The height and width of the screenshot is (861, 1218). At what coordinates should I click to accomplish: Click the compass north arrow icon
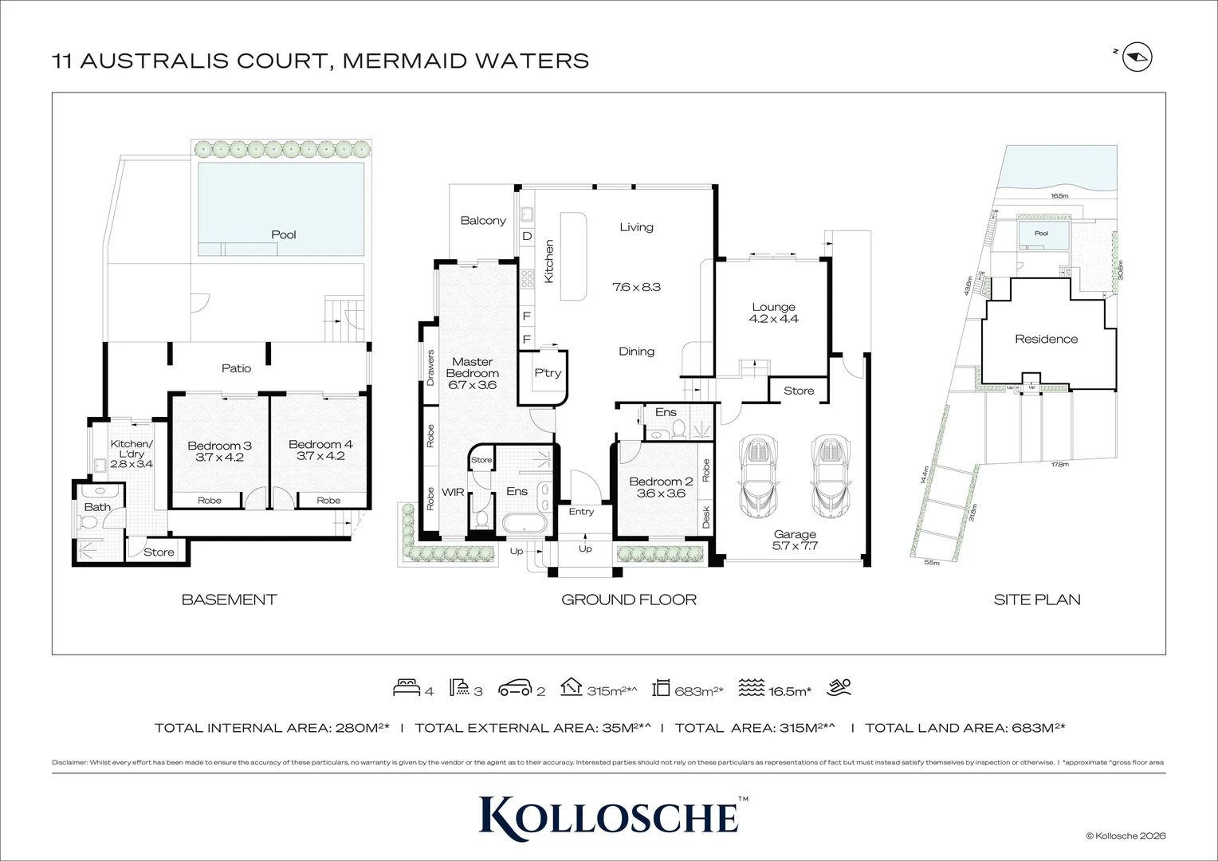[x=1138, y=58]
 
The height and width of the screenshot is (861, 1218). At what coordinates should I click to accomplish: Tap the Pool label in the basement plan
[x=283, y=234]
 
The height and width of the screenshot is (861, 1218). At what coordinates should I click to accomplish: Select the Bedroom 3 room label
[x=219, y=446]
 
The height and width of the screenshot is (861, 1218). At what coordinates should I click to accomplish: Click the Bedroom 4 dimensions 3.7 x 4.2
[x=320, y=457]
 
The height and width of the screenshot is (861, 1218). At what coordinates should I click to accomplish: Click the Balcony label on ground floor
[x=483, y=221]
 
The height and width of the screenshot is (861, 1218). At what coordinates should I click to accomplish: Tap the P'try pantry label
[x=548, y=373]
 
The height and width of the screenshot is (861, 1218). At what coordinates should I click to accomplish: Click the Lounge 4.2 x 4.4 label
[x=773, y=313]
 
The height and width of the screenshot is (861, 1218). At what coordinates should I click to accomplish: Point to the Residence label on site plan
[x=1046, y=339]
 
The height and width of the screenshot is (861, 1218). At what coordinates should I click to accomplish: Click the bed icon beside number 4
[x=407, y=687]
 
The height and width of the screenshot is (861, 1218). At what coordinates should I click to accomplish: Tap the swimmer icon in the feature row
[x=839, y=686]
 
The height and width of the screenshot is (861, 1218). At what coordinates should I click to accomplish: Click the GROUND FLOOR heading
[x=628, y=600]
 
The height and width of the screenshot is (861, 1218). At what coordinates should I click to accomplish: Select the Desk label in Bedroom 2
[x=706, y=517]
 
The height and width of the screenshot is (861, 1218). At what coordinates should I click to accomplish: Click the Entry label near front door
[x=581, y=512]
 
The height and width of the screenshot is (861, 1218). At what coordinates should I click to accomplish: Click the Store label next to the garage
[x=799, y=391]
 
